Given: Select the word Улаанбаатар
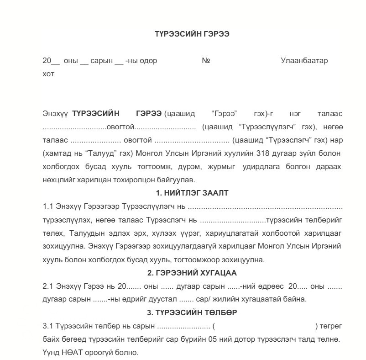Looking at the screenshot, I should click(x=304, y=61).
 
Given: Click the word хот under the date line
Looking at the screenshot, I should click(x=48, y=74).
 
